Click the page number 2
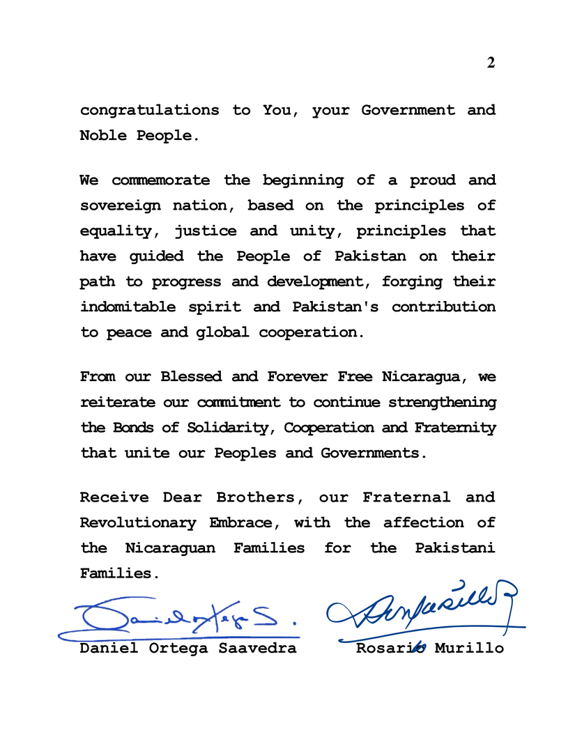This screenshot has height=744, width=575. tap(491, 63)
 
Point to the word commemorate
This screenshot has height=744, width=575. tap(160, 180)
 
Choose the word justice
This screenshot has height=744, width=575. tap(205, 231)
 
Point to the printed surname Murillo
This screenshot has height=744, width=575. tap(469, 649)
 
